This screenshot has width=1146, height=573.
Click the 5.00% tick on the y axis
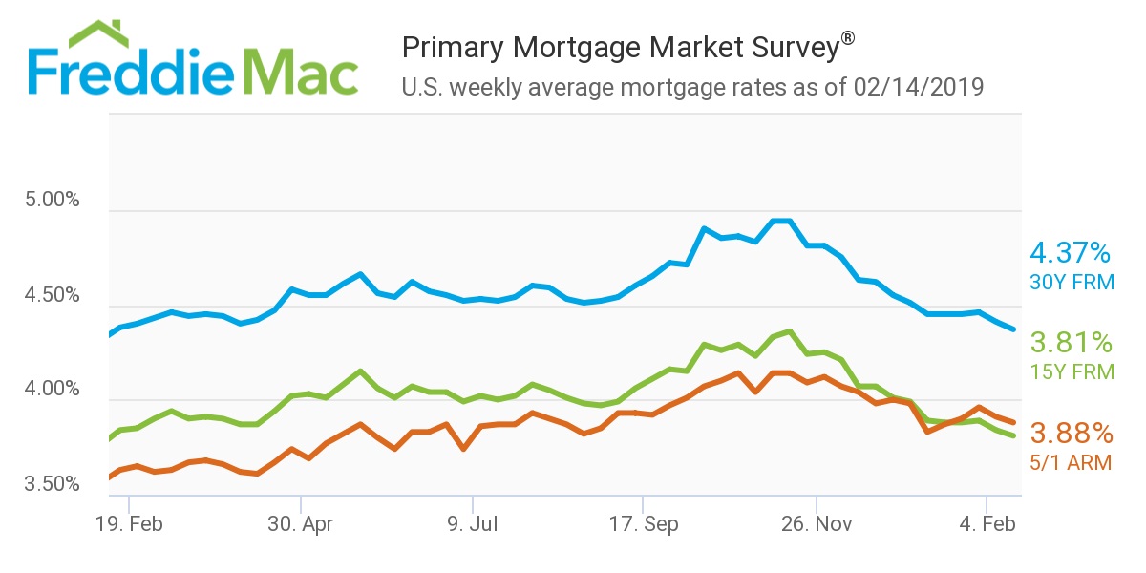(51, 202)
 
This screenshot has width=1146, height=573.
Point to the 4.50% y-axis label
(51, 295)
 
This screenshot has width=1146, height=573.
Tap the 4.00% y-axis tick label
(51, 390)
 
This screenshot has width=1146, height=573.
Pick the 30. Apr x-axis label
(300, 524)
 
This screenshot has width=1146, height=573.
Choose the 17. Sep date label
(644, 524)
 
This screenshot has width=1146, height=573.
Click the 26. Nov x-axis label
(816, 524)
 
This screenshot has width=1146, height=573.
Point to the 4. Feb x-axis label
(987, 524)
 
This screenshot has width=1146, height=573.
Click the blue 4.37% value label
(1070, 253)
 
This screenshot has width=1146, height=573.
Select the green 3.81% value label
(1071, 343)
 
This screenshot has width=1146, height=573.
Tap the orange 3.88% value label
(1071, 434)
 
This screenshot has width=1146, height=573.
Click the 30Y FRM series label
(1072, 283)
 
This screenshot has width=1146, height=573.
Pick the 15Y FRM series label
(1072, 372)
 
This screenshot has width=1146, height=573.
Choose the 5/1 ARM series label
(1072, 463)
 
